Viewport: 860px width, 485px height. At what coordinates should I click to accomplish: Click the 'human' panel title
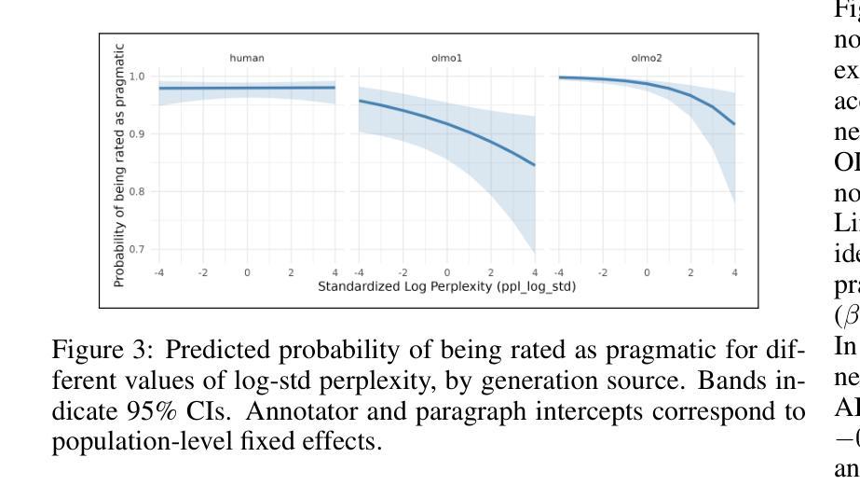[247, 58]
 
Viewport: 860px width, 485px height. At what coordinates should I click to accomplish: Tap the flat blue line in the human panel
[247, 88]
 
